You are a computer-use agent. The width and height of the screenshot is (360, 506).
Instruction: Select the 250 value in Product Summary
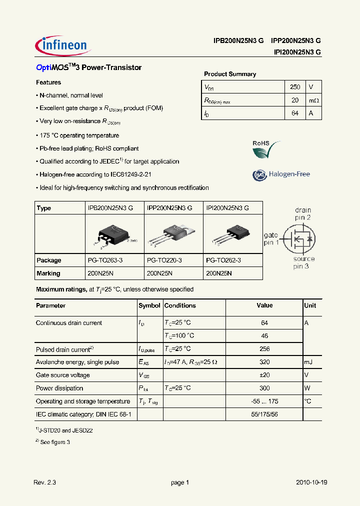pyautogui.click(x=295, y=87)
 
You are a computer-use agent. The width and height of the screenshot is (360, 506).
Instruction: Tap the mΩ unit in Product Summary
pyautogui.click(x=313, y=100)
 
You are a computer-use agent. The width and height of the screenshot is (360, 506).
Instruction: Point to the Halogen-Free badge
pyautogui.click(x=281, y=174)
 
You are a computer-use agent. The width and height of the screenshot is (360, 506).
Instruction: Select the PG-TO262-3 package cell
pyautogui.click(x=223, y=260)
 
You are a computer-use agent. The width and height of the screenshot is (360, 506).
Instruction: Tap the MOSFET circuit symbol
pyautogui.click(x=298, y=239)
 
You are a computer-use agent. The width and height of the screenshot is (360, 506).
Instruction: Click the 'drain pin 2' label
pyautogui.click(x=302, y=214)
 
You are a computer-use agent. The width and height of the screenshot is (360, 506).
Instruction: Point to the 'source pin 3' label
pyautogui.click(x=304, y=263)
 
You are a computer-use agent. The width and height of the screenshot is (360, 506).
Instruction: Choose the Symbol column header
pyautogui.click(x=149, y=305)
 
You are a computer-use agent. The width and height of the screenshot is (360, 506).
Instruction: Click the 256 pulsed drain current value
pyautogui.click(x=264, y=349)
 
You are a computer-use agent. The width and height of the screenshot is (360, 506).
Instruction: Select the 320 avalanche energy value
pyautogui.click(x=264, y=362)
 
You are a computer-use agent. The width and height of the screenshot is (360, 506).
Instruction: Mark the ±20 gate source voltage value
pyautogui.click(x=264, y=375)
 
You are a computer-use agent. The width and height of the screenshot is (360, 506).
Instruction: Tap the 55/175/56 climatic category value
pyautogui.click(x=264, y=414)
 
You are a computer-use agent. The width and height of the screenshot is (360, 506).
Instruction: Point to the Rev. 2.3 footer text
pyautogui.click(x=45, y=482)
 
